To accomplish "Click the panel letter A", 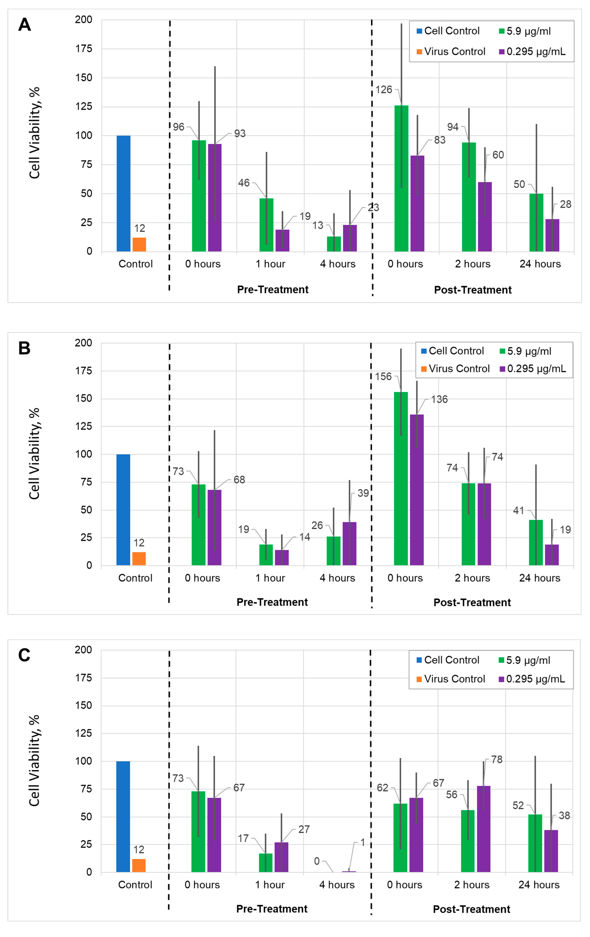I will [25, 25].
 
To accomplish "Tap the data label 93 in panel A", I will [240, 133].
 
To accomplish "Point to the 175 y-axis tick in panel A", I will [84, 49].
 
